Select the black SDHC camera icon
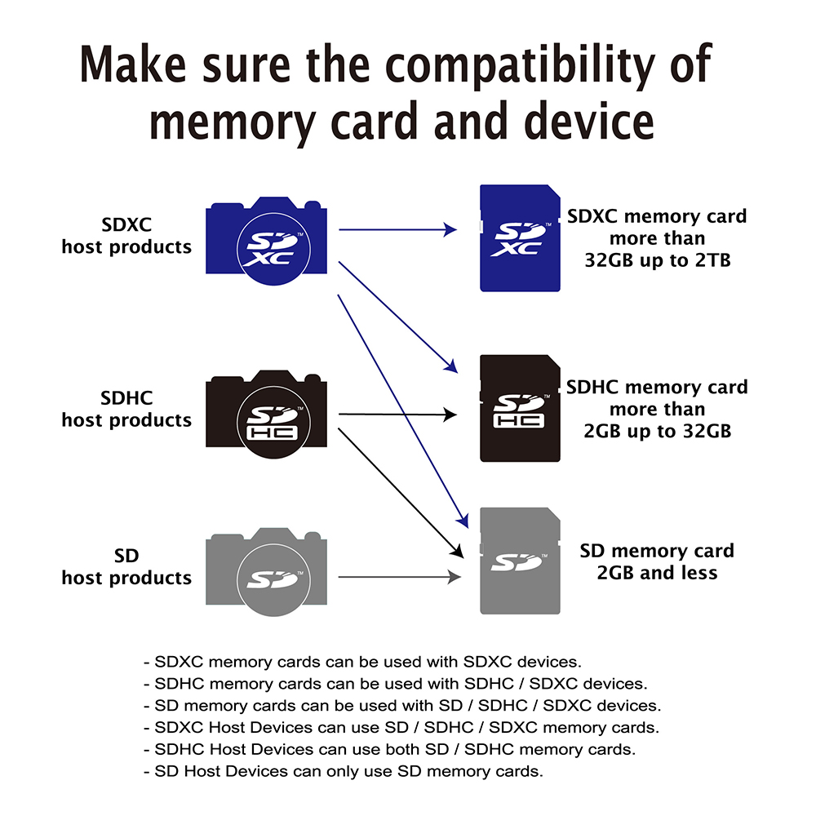coord(267,412)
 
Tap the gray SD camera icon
coord(267,571)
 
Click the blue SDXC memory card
coord(520,237)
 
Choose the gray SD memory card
coord(520,561)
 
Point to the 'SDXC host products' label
coord(126,235)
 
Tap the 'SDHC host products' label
coord(126,409)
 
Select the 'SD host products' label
coord(126,567)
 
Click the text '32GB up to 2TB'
coord(657,261)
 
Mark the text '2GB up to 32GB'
coord(657,431)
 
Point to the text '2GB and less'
coord(657,573)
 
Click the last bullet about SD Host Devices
coord(342,771)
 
